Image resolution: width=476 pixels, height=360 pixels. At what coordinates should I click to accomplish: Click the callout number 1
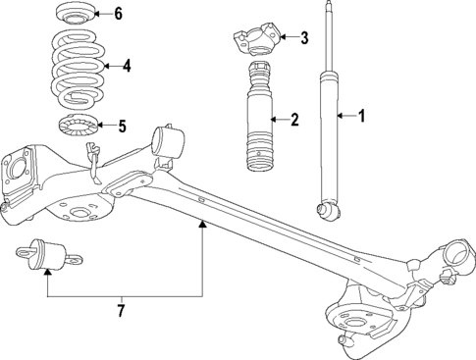click(362, 117)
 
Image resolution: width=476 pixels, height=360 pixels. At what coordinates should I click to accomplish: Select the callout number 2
click(294, 121)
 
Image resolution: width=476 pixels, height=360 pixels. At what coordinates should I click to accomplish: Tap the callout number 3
click(304, 38)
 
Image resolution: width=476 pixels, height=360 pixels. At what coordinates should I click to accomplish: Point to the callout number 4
click(126, 67)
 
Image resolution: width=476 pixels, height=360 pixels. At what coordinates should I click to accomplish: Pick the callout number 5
click(122, 125)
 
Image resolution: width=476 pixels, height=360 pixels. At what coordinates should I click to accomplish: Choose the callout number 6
click(118, 13)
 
